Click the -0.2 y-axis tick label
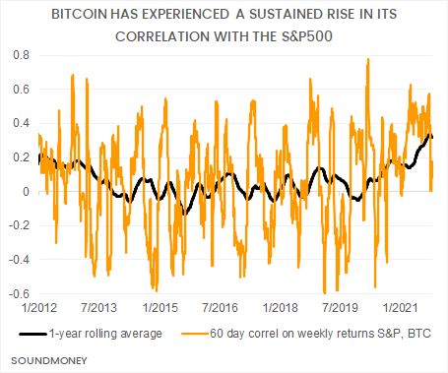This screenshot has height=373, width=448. click(x=17, y=225)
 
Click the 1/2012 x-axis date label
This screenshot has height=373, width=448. click(x=28, y=308)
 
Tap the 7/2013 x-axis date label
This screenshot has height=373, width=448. click(x=101, y=308)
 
